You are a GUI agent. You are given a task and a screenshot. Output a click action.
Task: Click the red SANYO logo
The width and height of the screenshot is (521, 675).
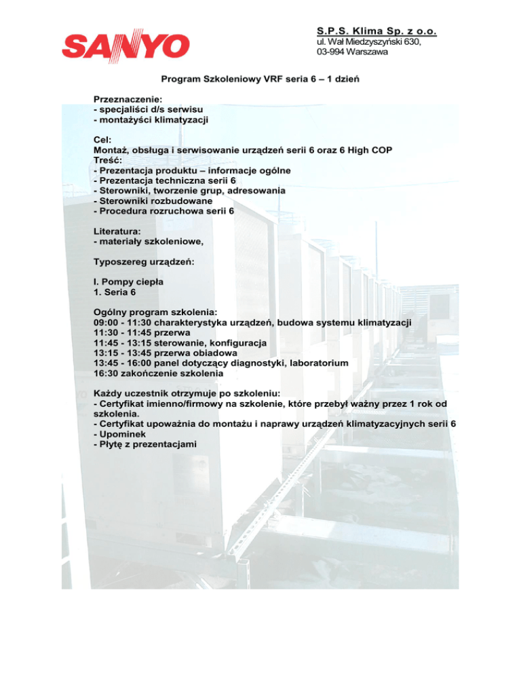click(x=126, y=45)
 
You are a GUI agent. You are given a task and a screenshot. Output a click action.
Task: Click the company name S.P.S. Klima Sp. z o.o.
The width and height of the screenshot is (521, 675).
click(x=377, y=31)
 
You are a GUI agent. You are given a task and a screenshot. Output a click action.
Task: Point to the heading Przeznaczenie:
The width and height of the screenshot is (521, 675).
click(x=128, y=99)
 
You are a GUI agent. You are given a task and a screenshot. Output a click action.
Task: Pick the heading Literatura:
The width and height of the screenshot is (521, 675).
click(x=121, y=231)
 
